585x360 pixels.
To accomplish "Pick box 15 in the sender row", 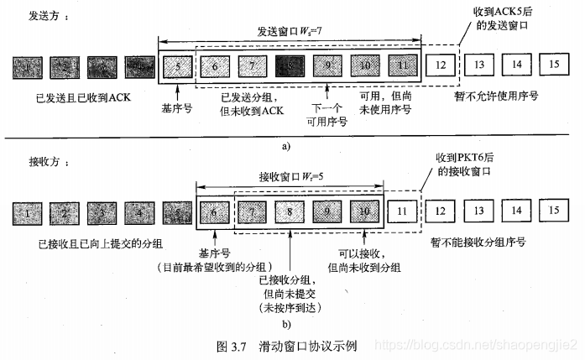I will point(553,65).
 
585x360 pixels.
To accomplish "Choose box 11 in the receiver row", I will point(403,213).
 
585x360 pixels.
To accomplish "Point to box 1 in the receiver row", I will point(29,215).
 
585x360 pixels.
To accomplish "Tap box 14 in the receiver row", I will point(515,212).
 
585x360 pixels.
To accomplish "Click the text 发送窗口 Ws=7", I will point(289,30).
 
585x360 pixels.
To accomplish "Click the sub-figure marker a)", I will point(285,145).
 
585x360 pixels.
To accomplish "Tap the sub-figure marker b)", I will point(288,322).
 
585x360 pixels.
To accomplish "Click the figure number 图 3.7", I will point(228,345).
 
